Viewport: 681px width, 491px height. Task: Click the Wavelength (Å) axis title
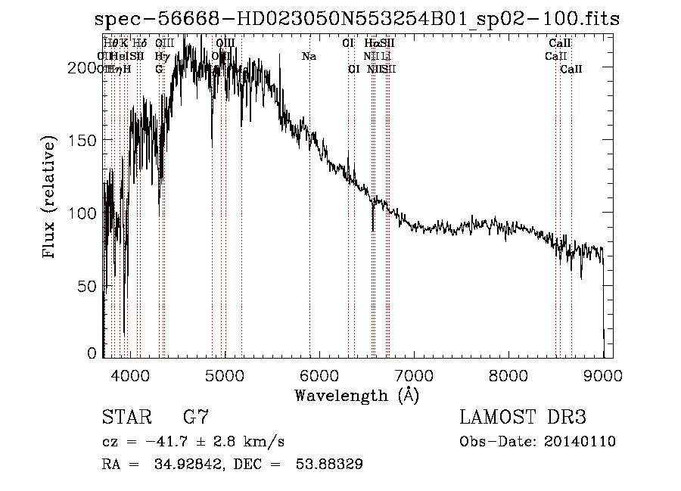(x=356, y=395)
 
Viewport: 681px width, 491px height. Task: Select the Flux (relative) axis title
(x=51, y=199)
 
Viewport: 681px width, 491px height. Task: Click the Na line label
(x=309, y=56)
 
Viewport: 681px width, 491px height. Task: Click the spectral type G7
(x=195, y=418)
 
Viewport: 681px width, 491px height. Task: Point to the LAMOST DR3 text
(x=523, y=418)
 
